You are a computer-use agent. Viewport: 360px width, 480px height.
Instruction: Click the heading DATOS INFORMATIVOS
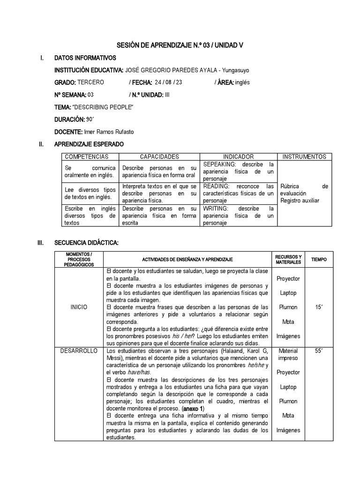85,58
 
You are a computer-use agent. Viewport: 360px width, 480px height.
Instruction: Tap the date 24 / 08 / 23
167,82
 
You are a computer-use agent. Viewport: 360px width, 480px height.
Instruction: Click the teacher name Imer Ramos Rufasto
108,132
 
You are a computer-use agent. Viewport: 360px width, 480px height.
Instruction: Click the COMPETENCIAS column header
87,157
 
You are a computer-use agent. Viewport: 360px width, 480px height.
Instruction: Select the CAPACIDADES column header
159,157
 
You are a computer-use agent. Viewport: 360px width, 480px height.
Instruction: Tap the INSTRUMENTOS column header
305,157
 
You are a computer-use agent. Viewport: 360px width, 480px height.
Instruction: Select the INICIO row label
79,307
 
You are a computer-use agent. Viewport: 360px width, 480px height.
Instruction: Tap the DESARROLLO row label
79,351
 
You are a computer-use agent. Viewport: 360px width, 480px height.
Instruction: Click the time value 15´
319,307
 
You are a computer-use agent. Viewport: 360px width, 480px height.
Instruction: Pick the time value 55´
319,351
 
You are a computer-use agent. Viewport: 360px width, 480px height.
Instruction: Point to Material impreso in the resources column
288,354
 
